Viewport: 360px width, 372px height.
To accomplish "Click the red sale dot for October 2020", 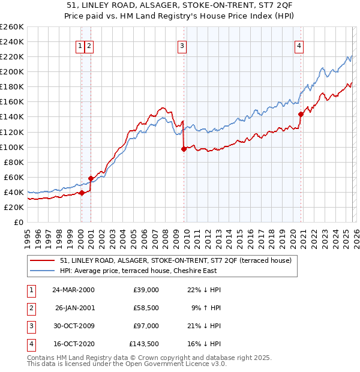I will (301, 114).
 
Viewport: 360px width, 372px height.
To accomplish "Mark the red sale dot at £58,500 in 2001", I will (91, 178).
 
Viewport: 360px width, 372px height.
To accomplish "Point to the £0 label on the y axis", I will (19, 222).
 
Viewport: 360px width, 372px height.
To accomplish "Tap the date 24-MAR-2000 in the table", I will (73, 290).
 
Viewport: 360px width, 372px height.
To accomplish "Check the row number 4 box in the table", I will (29, 344).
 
